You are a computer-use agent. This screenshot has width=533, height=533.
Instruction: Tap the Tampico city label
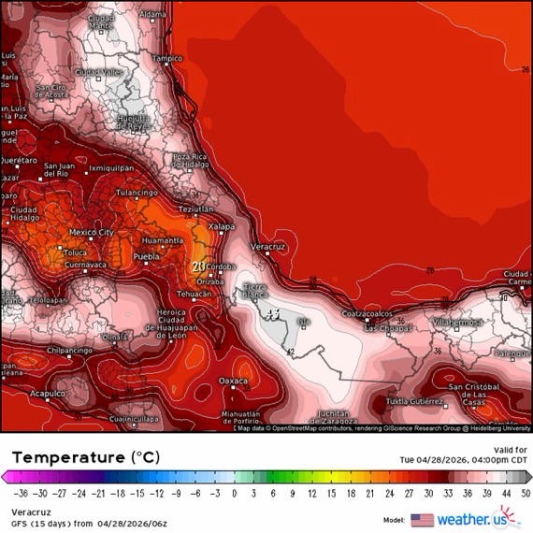pyautogui.click(x=167, y=58)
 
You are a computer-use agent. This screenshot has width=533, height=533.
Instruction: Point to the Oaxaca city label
pyautogui.click(x=232, y=382)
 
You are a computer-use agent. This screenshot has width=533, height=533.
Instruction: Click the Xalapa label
pyautogui.click(x=221, y=226)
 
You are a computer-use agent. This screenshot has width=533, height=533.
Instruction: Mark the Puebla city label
pyautogui.click(x=146, y=255)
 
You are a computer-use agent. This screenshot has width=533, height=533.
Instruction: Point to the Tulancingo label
pyautogui.click(x=135, y=193)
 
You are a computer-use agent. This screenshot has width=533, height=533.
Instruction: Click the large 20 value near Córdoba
pyautogui.click(x=198, y=266)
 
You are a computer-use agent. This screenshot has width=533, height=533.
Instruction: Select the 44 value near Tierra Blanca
pyautogui.click(x=273, y=314)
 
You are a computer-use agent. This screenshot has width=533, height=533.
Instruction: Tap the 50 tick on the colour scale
pyautogui.click(x=526, y=492)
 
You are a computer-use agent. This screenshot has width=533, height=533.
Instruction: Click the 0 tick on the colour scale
pyautogui.click(x=235, y=492)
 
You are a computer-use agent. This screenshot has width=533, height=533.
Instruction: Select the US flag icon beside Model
pyautogui.click(x=422, y=519)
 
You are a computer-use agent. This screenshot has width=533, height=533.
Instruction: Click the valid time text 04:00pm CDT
pyautogui.click(x=493, y=460)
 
